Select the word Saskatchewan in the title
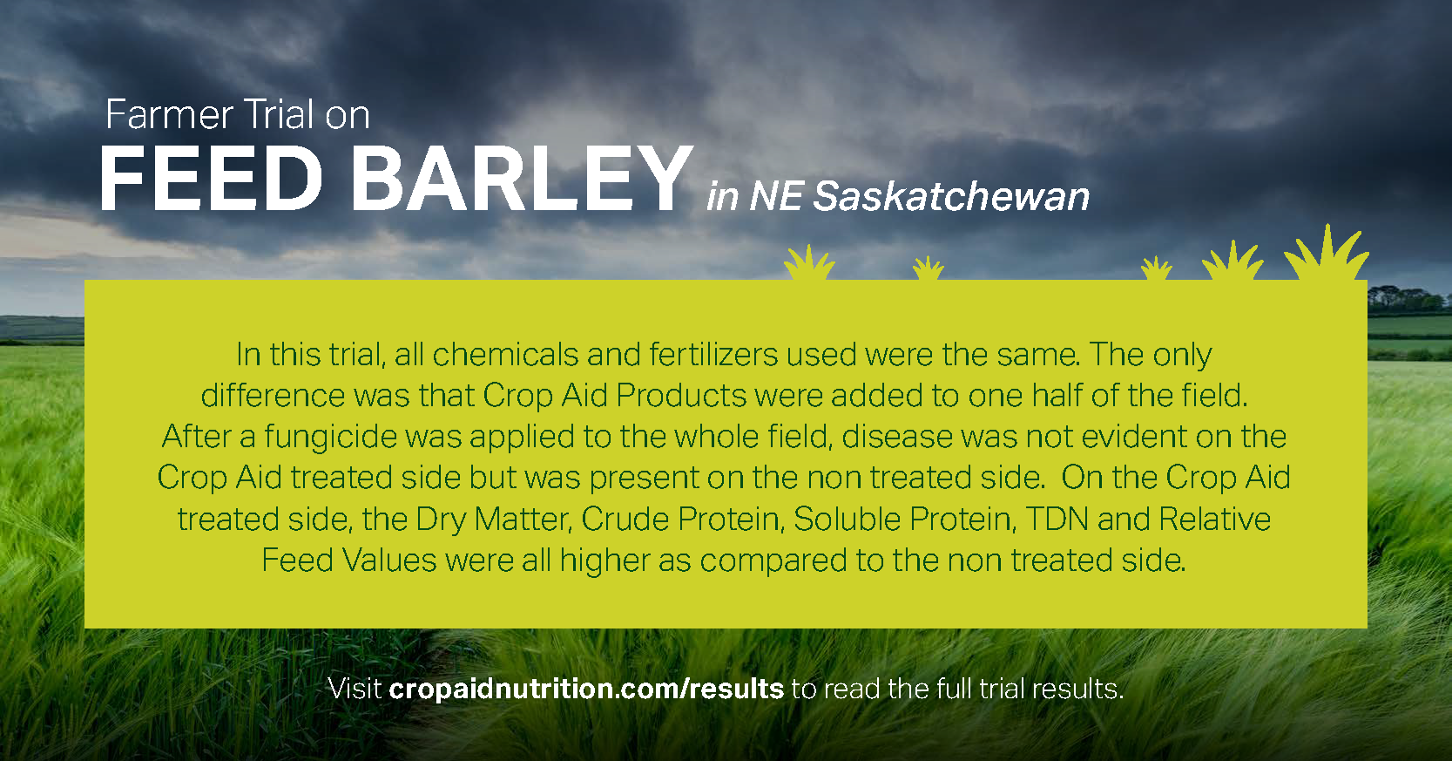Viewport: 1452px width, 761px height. coord(951,196)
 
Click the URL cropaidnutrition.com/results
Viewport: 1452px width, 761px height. coord(586,689)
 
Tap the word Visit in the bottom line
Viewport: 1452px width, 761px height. coord(355,689)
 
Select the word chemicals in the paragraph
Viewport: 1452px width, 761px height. coord(505,355)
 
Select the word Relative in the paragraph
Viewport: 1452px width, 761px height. coord(1215,519)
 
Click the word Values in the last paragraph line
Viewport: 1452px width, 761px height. coord(388,560)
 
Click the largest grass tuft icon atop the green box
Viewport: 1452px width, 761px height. coord(1326,254)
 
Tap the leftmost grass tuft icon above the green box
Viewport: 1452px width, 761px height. coord(809,262)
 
